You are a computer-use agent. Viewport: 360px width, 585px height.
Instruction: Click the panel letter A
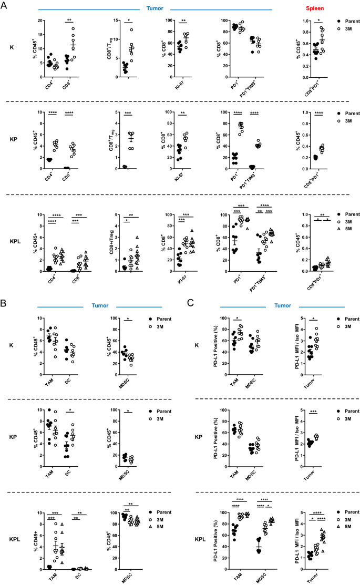pyautogui.click(x=4, y=5)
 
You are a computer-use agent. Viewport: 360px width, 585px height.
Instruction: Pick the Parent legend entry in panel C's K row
pyautogui.click(x=344, y=319)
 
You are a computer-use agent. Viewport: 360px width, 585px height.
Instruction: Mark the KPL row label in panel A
pyautogui.click(x=13, y=245)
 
